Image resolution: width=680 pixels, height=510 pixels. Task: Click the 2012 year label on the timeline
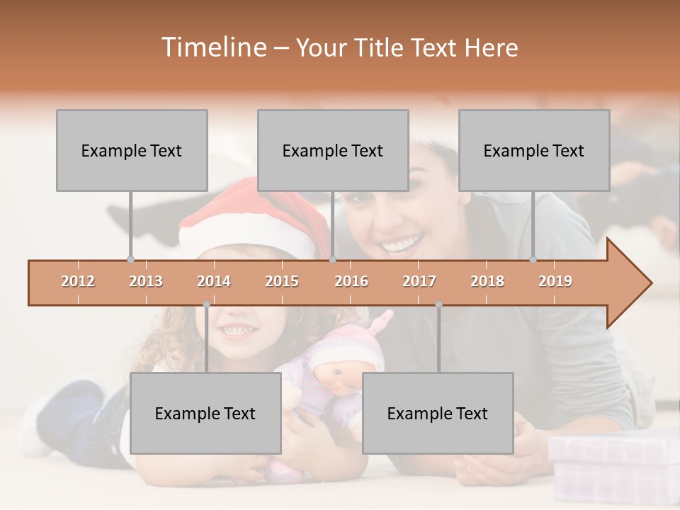coord(78,281)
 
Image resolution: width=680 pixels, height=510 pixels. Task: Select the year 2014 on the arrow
coord(214,281)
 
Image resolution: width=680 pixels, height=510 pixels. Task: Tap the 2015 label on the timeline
coord(282,281)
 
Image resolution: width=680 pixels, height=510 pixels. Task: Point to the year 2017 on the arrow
coord(419,281)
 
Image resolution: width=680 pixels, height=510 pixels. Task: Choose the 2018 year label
coord(487,281)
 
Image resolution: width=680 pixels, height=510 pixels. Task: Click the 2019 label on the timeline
coord(555,281)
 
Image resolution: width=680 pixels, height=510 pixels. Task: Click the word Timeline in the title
coord(212,47)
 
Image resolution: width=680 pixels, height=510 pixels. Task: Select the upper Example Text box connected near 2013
coord(132,150)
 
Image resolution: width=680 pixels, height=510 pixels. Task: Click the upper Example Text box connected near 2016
coord(333,150)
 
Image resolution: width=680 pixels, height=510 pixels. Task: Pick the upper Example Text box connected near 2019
coord(534,150)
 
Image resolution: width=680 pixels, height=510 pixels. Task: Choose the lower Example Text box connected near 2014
coord(205,413)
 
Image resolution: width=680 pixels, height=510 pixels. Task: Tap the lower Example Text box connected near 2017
coord(438,413)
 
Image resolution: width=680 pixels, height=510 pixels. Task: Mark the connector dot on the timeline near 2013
coord(130,260)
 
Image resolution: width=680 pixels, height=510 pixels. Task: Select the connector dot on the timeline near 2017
coord(438,305)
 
